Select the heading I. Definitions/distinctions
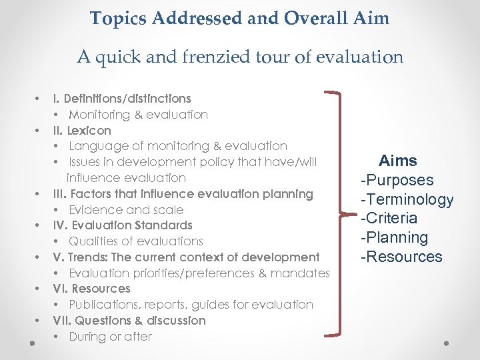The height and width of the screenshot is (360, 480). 122,99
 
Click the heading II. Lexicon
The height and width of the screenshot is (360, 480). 82,131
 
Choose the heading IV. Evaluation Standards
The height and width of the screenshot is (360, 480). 123,225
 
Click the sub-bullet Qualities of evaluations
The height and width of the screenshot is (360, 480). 136,241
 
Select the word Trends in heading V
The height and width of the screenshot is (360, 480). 93,257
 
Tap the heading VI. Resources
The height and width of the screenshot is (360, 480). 91,289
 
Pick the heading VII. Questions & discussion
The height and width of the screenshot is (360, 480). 129,321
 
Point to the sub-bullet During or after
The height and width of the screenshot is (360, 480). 111,337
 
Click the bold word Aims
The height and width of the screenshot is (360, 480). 398,161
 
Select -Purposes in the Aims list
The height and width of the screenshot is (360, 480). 397,180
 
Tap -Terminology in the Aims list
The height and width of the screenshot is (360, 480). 407,199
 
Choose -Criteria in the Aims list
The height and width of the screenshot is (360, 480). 389,218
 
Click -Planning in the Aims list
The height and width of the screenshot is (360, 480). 394,237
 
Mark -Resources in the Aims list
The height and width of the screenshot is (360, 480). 401,257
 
